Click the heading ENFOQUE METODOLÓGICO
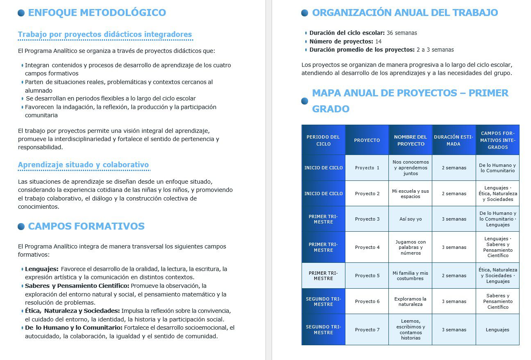tap(97, 13)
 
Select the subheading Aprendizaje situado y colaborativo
tap(83, 165)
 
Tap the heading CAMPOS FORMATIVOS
tap(86, 226)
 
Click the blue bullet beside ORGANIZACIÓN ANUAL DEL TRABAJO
tap(304, 13)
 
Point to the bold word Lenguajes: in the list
tap(41, 269)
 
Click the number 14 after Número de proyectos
tap(378, 41)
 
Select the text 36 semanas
tap(402, 33)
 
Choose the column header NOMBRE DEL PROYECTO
tap(410, 140)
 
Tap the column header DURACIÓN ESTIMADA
tap(454, 140)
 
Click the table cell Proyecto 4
tap(367, 247)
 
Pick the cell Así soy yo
tap(410, 219)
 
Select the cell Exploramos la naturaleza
tap(410, 301)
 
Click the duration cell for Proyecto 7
tap(454, 330)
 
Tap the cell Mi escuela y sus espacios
tap(410, 194)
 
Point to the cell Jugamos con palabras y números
tap(410, 247)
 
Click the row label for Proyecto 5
tap(323, 276)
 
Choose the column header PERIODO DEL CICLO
tap(323, 140)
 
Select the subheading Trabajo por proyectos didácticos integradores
tap(105, 34)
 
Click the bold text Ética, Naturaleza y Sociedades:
tap(72, 311)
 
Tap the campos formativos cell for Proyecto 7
tap(497, 330)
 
